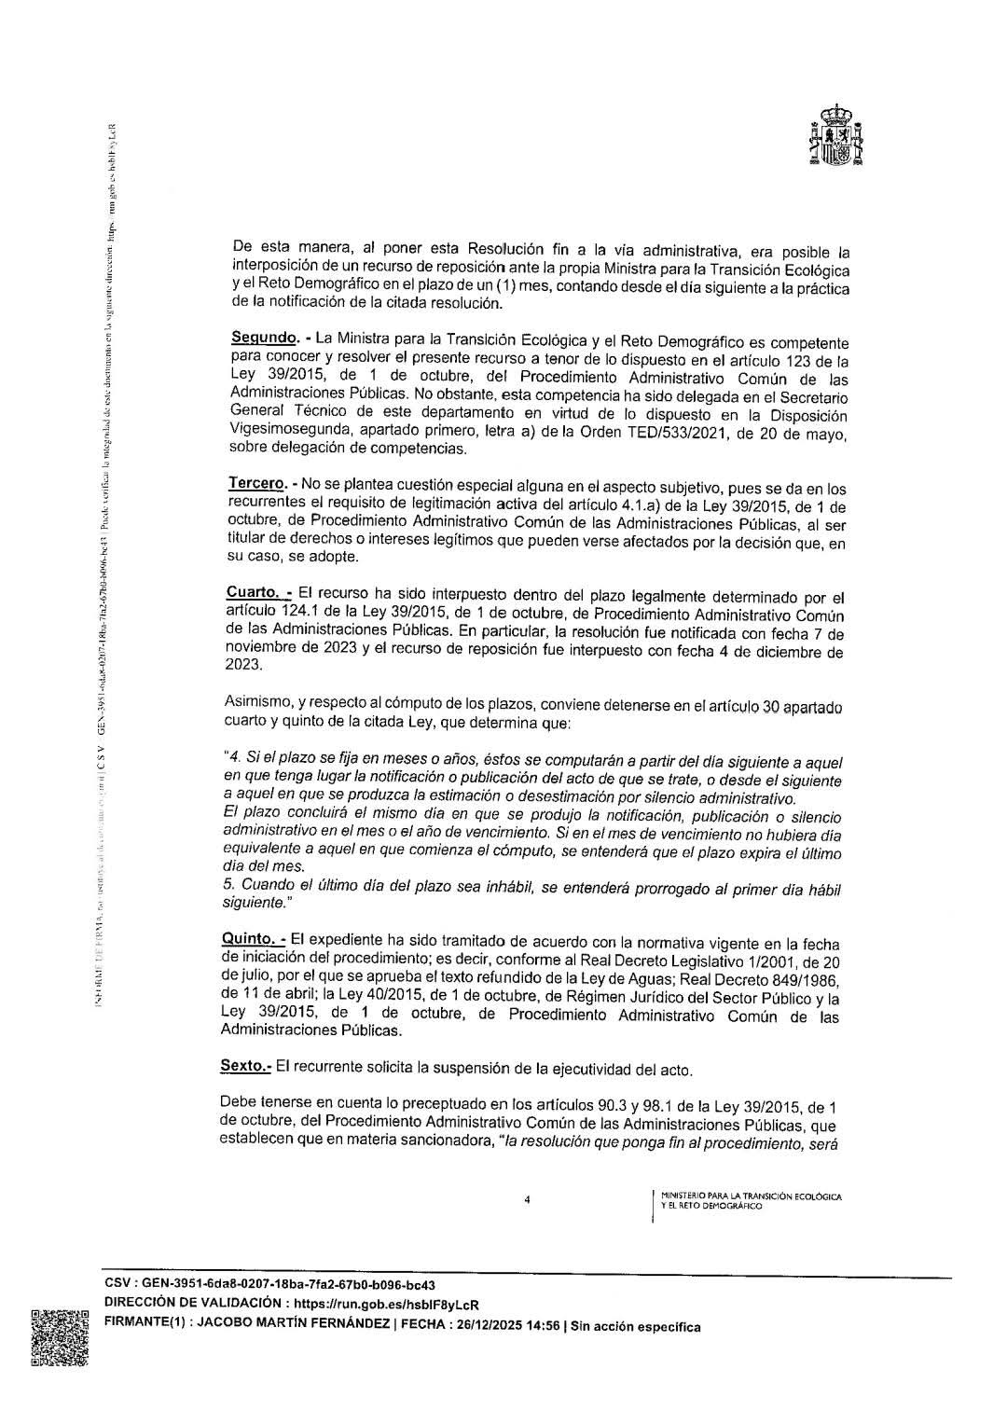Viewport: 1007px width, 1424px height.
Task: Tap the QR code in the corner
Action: click(59, 1338)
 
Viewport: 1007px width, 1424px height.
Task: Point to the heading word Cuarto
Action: click(253, 592)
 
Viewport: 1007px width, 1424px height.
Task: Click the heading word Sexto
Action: click(245, 1065)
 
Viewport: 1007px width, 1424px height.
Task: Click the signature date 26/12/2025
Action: click(476, 1325)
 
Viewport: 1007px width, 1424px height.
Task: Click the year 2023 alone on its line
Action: click(244, 666)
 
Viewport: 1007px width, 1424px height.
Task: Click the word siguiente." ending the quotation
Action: click(255, 903)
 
